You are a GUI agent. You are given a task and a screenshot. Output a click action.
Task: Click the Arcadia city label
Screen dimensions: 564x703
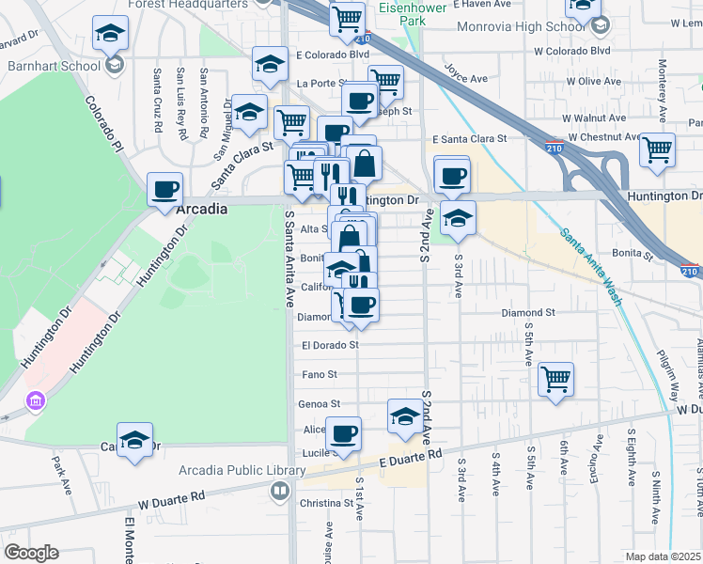click(x=202, y=209)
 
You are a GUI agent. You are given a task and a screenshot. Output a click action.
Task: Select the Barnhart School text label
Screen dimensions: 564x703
click(x=53, y=67)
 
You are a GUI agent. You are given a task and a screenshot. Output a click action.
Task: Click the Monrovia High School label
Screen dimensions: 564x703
click(x=507, y=26)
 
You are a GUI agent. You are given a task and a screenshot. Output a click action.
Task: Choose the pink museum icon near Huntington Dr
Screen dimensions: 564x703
click(x=37, y=401)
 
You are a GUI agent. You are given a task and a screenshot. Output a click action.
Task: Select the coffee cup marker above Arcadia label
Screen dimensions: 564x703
click(x=165, y=188)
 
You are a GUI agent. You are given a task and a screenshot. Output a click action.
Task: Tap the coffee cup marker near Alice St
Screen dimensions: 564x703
click(x=343, y=433)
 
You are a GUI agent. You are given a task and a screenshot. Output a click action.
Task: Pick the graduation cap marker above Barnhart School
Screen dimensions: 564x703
click(x=111, y=34)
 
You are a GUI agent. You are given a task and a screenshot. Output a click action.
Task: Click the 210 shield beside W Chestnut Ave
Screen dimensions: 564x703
click(x=555, y=147)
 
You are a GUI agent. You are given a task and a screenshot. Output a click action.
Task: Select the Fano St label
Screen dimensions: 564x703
click(x=320, y=374)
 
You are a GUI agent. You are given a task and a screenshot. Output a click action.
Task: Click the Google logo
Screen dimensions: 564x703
click(x=31, y=553)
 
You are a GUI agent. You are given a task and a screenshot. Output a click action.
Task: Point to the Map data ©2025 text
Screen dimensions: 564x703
click(x=664, y=556)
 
